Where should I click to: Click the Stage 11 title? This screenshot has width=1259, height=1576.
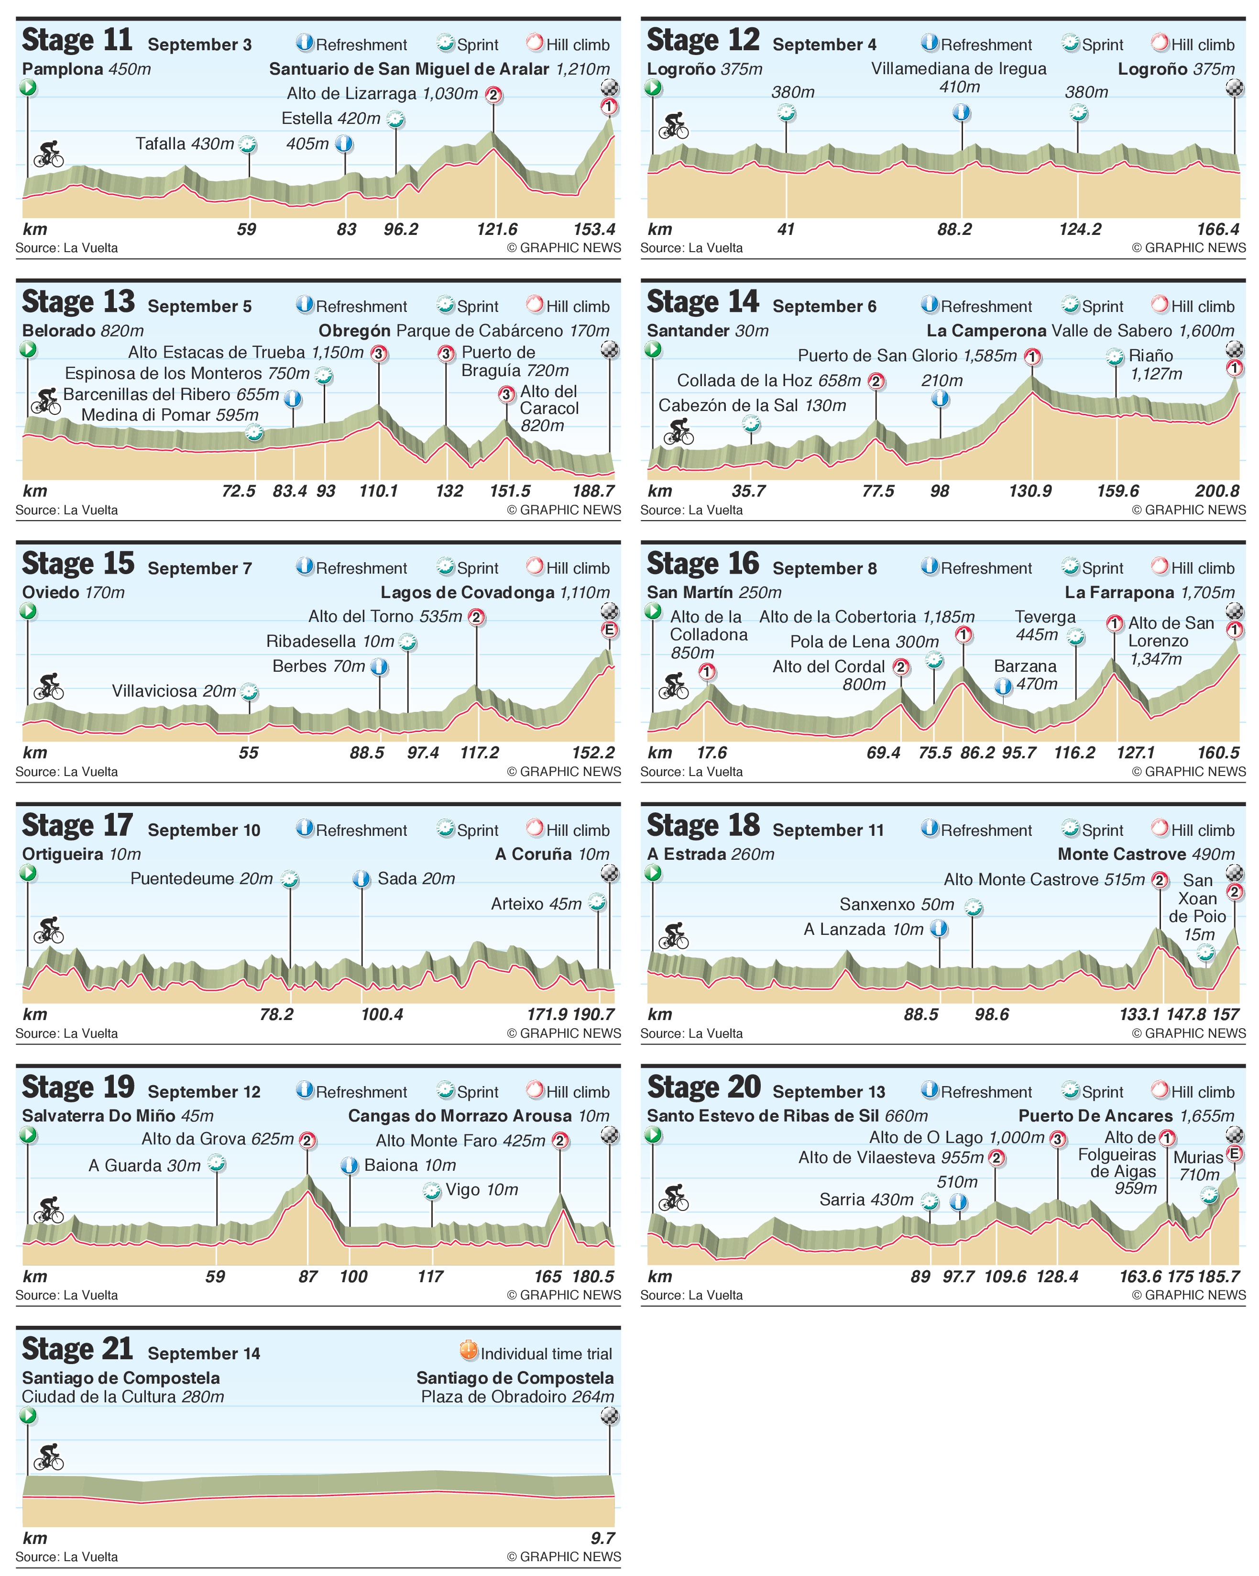[77, 40]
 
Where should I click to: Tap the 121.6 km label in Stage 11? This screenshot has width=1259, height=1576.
[497, 230]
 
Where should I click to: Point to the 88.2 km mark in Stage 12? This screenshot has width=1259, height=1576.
[954, 230]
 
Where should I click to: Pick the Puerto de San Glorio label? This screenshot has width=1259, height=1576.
[907, 356]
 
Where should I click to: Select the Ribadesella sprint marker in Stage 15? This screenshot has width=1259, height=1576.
[408, 643]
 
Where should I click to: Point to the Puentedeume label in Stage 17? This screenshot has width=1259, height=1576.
[202, 878]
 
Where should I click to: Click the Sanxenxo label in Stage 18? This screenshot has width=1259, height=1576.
[897, 904]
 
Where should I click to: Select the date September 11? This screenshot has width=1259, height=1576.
[828, 831]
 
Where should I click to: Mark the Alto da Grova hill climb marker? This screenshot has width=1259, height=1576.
[307, 1140]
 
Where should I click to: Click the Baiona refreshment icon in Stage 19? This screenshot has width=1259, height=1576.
[349, 1165]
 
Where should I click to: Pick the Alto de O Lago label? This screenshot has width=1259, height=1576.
[956, 1137]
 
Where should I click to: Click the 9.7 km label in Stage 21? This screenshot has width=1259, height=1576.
[603, 1538]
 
